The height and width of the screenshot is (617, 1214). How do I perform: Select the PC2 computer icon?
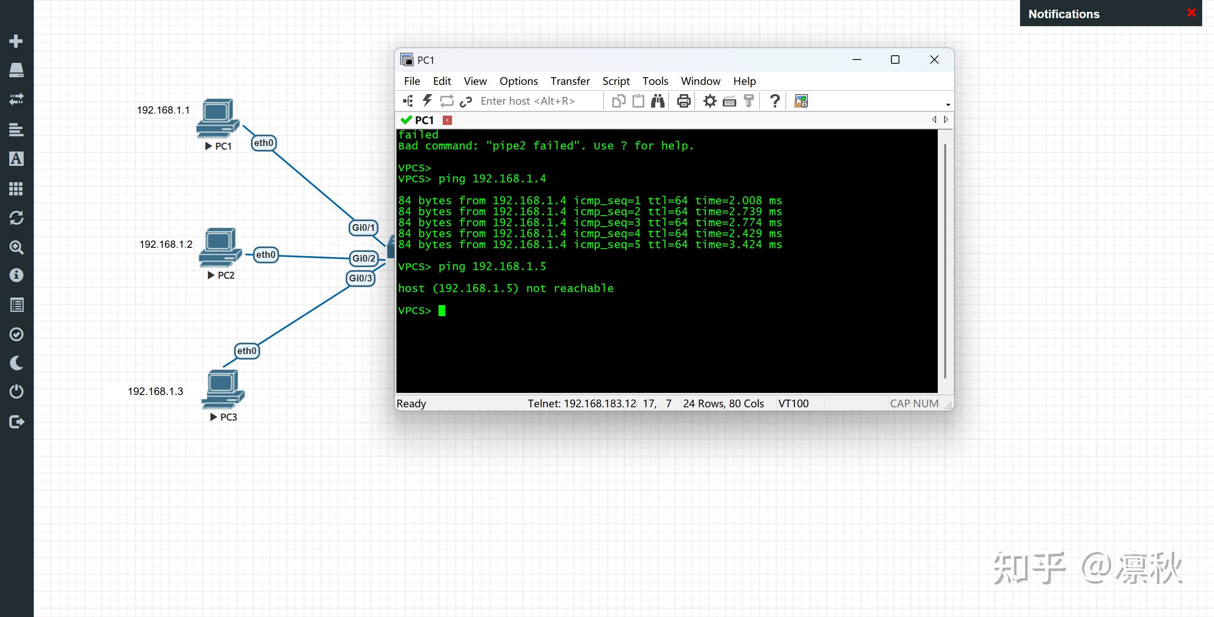click(x=220, y=248)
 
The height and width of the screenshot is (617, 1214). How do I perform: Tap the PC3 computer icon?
click(x=223, y=389)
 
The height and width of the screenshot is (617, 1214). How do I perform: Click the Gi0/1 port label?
click(x=363, y=227)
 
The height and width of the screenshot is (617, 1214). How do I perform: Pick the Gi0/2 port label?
click(x=364, y=259)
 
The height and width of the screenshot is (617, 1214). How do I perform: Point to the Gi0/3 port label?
click(x=361, y=278)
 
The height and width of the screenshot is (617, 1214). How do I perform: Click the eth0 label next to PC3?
click(x=247, y=351)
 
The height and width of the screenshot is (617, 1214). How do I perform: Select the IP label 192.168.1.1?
click(x=163, y=110)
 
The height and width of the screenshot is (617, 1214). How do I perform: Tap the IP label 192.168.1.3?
click(x=156, y=391)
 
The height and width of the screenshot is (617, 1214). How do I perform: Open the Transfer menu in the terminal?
click(x=570, y=81)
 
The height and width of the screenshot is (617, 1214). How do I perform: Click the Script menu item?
click(x=616, y=81)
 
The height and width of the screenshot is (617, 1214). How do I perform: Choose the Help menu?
click(x=745, y=81)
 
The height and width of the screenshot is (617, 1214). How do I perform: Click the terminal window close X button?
click(x=934, y=60)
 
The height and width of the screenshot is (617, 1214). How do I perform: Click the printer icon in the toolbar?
click(x=684, y=101)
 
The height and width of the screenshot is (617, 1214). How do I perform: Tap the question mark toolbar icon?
click(x=774, y=101)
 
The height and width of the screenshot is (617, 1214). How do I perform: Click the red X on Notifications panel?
click(x=1192, y=13)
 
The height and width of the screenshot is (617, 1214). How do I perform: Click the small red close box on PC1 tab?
click(x=448, y=120)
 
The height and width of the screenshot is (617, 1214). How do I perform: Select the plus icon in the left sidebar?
click(x=16, y=41)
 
